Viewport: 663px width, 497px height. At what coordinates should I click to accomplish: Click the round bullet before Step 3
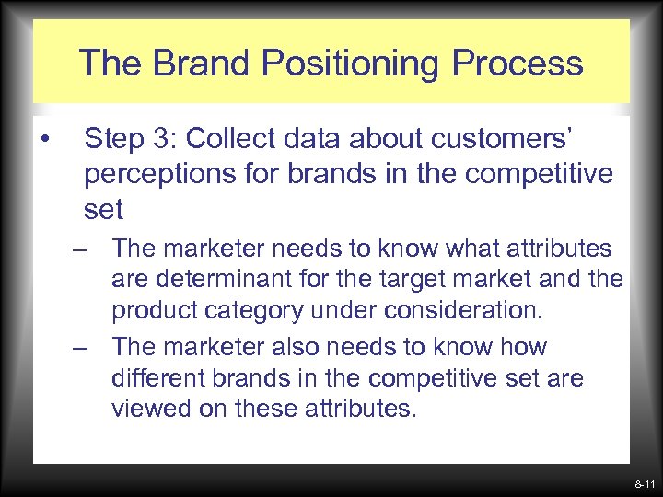tap(44, 140)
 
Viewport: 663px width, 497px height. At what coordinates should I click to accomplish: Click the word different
tap(161, 378)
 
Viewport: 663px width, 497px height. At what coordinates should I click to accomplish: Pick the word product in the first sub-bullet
tap(154, 310)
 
